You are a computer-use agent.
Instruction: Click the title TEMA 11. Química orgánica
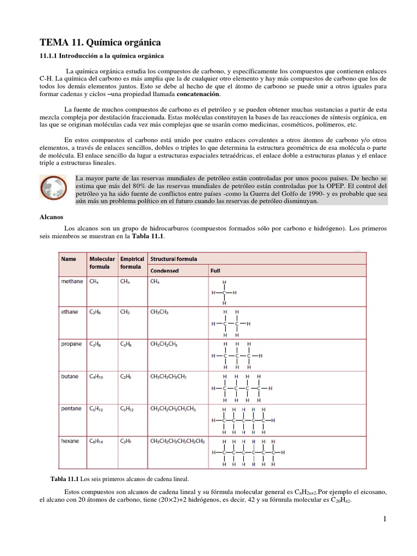(x=100, y=42)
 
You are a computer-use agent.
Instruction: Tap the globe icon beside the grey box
(x=54, y=188)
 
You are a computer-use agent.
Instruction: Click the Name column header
(x=68, y=260)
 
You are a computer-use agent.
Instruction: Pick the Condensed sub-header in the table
(x=164, y=270)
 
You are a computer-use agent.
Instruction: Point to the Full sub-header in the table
(x=215, y=270)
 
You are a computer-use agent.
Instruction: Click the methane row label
(x=72, y=282)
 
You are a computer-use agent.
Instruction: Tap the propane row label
(x=72, y=344)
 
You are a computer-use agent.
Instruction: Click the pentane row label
(x=72, y=408)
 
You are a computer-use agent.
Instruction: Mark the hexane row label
(x=71, y=441)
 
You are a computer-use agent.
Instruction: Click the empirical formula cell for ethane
(x=125, y=313)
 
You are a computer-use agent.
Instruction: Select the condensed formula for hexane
(x=177, y=441)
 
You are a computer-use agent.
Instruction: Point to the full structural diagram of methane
(x=225, y=293)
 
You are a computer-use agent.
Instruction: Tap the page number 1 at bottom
(x=384, y=520)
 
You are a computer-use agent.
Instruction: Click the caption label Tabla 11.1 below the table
(x=64, y=479)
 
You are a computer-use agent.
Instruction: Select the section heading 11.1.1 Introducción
(x=102, y=56)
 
